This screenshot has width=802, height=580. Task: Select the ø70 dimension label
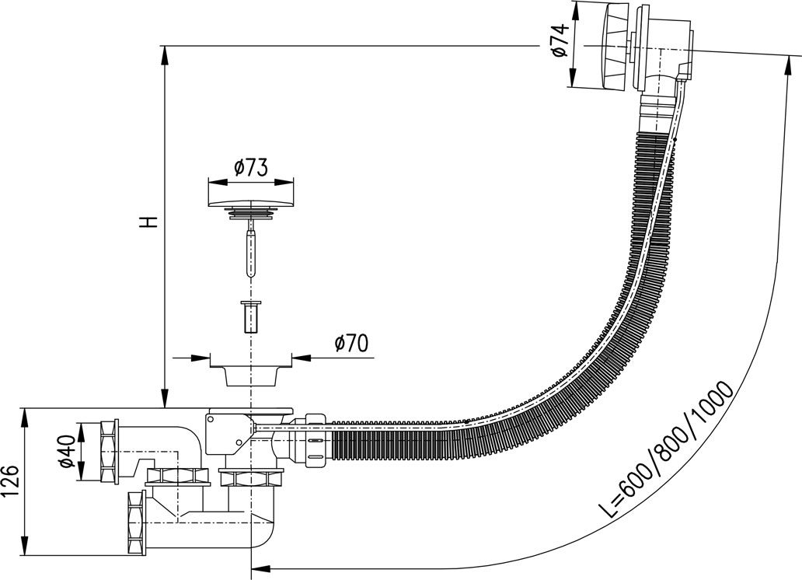350,343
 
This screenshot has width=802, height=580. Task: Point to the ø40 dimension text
68,451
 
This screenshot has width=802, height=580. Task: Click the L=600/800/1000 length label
668,451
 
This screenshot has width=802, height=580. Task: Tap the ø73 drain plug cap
251,203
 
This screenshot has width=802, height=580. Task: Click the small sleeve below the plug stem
250,315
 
